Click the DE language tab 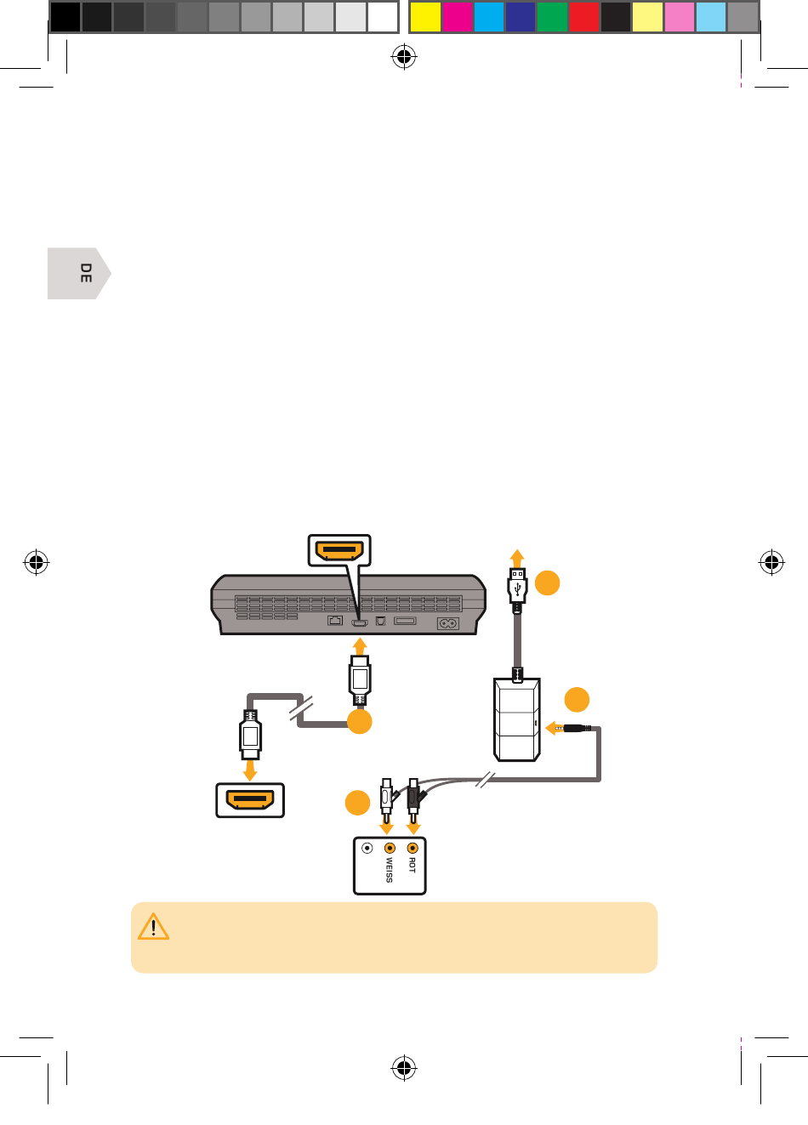79,273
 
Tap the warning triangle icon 153,927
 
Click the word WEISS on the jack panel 390,870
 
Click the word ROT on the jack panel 413,864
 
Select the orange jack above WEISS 390,848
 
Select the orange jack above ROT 413,848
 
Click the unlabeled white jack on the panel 367,848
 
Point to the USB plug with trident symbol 518,588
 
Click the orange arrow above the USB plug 518,559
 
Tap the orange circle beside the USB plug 548,583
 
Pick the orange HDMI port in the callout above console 339,551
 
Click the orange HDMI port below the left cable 249,800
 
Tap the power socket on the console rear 447,623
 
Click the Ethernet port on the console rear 335,621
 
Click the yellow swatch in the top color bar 425,17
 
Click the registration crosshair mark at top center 403,58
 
